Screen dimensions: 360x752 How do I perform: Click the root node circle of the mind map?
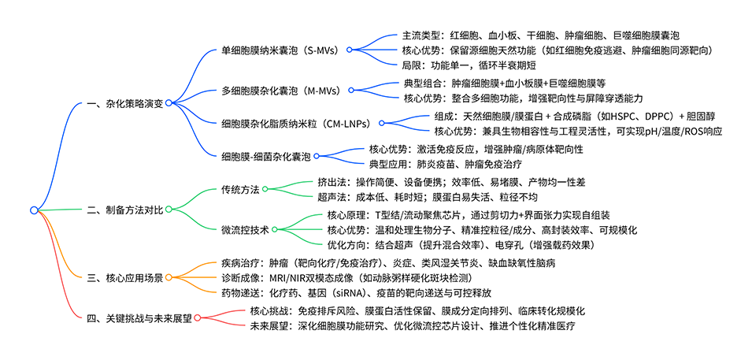34,210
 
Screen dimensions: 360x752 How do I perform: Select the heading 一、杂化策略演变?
124,104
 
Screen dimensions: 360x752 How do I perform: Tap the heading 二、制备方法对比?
124,210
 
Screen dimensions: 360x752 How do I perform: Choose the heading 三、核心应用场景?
124,277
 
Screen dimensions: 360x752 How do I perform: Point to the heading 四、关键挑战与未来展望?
139,317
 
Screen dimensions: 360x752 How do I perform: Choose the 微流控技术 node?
246,230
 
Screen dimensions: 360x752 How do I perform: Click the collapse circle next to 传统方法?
265,189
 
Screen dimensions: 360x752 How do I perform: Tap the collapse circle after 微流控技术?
276,230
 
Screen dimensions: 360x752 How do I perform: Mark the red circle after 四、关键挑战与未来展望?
197,317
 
